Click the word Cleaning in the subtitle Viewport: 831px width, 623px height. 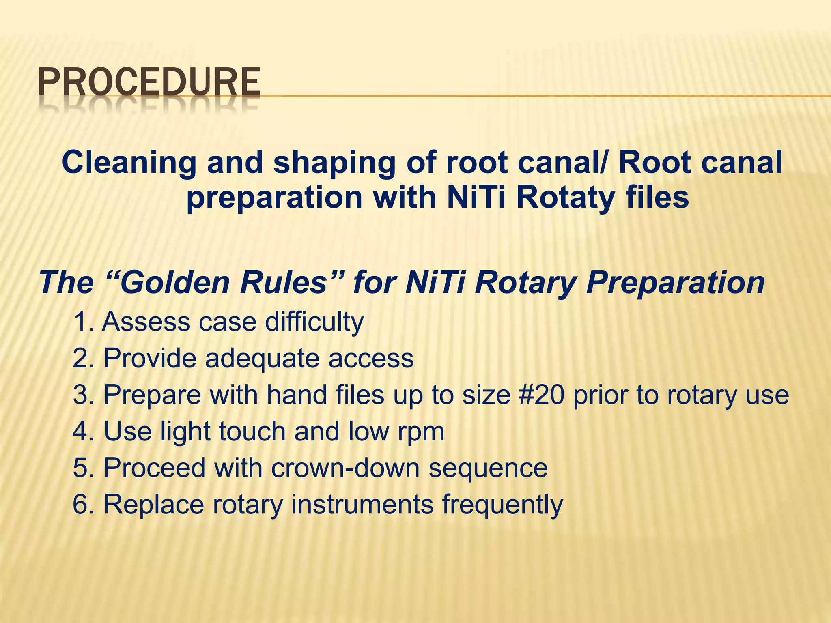pos(129,162)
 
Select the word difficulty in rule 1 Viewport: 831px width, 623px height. pos(314,322)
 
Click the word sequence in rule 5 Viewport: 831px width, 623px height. pos(488,468)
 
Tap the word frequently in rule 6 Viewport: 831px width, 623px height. pos(502,505)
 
